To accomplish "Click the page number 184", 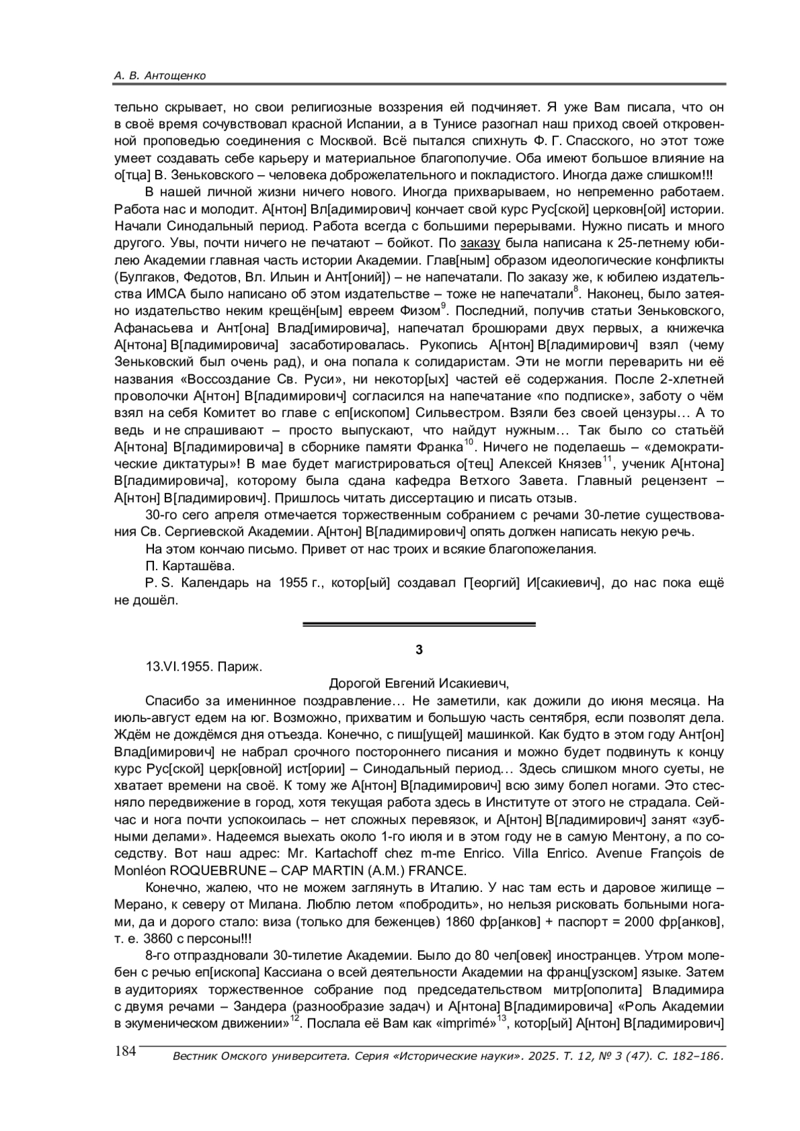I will click(x=125, y=1051).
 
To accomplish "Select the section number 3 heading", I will click(x=419, y=649).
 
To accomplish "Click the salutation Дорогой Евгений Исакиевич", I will click(x=419, y=683).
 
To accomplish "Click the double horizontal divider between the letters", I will click(x=419, y=624).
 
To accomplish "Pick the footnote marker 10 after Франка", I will click(x=468, y=442).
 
